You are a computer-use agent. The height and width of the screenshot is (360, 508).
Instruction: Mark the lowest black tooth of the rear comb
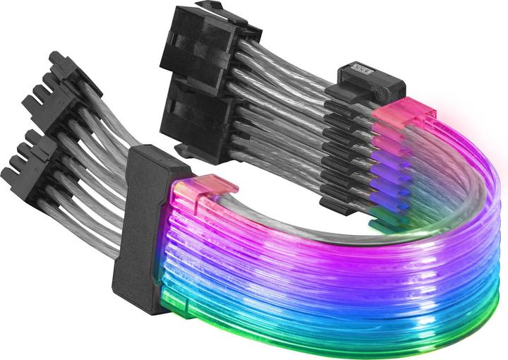(x=339, y=203)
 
